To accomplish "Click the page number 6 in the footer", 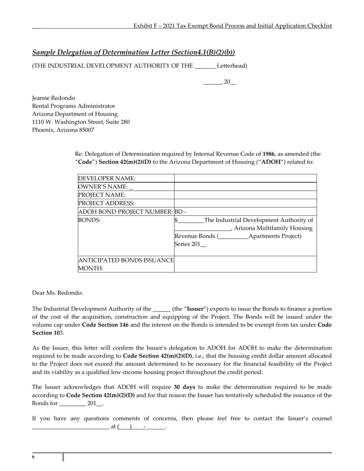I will [x=33, y=457].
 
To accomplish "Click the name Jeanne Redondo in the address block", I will [x=54, y=98].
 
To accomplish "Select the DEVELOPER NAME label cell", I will [x=107, y=178].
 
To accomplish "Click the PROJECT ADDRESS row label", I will [x=106, y=203].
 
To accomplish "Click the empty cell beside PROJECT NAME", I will [x=245, y=195].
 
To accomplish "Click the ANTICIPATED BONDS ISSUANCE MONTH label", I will [x=126, y=264].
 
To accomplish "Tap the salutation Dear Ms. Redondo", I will [x=57, y=293].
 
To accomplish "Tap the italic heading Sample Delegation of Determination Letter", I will [x=133, y=52].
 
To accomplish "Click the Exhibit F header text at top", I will [x=232, y=26].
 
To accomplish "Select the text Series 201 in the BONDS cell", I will [x=188, y=244].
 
